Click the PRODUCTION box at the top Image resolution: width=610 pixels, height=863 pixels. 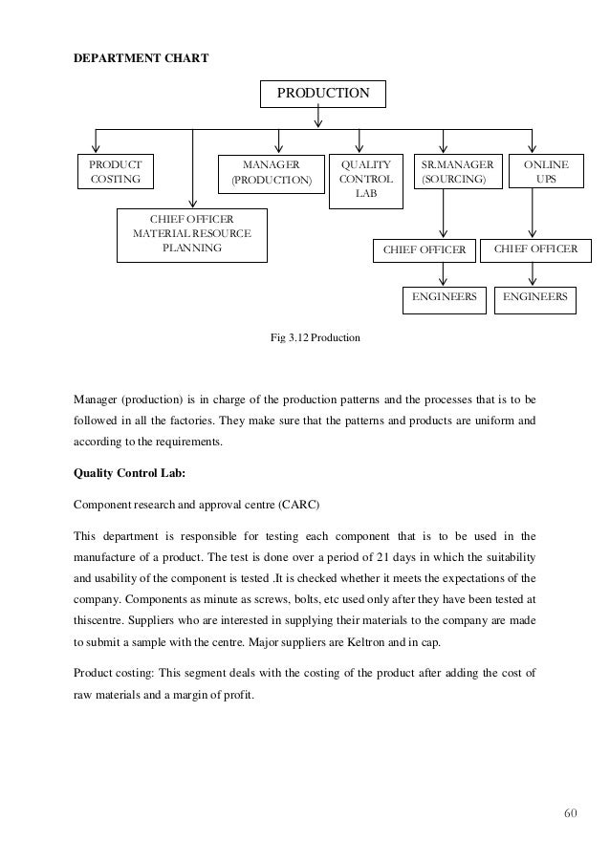(323, 94)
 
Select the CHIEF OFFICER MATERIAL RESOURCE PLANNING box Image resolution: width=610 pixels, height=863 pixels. (191, 234)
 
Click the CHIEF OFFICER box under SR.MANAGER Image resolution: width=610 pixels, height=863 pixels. (424, 250)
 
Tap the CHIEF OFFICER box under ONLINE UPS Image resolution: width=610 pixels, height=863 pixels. (534, 249)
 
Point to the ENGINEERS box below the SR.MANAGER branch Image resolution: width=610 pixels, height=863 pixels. (444, 297)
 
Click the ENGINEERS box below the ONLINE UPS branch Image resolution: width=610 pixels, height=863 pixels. (534, 297)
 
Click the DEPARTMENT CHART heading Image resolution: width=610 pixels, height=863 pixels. (142, 58)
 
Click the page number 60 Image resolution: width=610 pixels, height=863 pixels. (571, 813)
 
